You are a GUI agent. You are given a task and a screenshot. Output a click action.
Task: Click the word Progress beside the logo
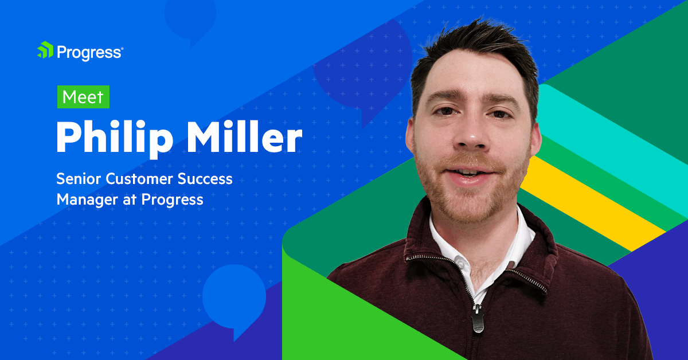pos(89,52)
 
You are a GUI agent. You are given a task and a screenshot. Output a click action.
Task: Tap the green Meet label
pos(83,97)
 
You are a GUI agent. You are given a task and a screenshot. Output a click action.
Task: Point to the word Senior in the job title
pos(78,179)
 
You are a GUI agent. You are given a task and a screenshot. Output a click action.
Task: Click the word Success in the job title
pos(205,179)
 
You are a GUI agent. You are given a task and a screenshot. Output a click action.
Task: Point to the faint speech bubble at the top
pos(189,17)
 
